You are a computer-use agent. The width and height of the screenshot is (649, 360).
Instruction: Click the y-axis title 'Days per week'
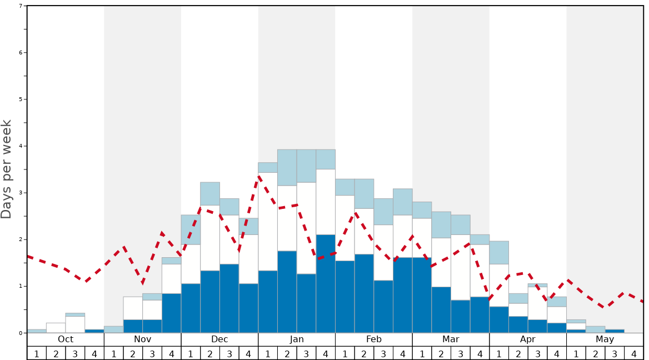pyautogui.click(x=7, y=169)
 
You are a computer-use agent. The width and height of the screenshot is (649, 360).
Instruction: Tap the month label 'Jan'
pyautogui.click(x=297, y=339)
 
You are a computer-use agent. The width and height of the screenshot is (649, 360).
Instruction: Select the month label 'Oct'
pyautogui.click(x=66, y=339)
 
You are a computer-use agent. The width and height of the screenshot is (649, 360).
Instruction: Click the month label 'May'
pyautogui.click(x=605, y=339)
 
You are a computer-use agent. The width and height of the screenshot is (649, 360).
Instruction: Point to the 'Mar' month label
pyautogui.click(x=451, y=339)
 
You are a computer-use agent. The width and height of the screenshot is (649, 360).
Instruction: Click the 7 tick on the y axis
pyautogui.click(x=21, y=6)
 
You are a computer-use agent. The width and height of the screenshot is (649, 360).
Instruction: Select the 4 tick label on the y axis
pyautogui.click(x=21, y=146)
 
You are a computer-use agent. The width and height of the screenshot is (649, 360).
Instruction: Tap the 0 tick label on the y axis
pyautogui.click(x=21, y=333)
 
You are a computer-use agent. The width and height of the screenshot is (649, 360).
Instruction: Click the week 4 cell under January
pyautogui.click(x=326, y=353)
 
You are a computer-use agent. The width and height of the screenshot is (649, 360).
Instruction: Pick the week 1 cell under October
pyautogui.click(x=37, y=353)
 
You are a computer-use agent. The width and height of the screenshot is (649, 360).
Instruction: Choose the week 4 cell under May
pyautogui.click(x=633, y=353)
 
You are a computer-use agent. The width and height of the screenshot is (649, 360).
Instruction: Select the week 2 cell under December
pyautogui.click(x=210, y=353)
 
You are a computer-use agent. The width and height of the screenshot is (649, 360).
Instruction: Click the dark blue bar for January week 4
pyautogui.click(x=326, y=283)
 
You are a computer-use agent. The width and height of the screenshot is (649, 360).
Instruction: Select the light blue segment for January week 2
pyautogui.click(x=287, y=167)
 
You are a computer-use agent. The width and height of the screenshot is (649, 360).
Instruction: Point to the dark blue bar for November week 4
pyautogui.click(x=171, y=313)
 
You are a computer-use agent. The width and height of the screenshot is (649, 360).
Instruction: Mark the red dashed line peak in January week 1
pyautogui.click(x=259, y=176)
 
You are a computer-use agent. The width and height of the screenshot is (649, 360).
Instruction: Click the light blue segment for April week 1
pyautogui.click(x=499, y=252)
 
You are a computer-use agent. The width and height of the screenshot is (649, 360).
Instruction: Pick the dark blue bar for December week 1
pyautogui.click(x=191, y=308)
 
